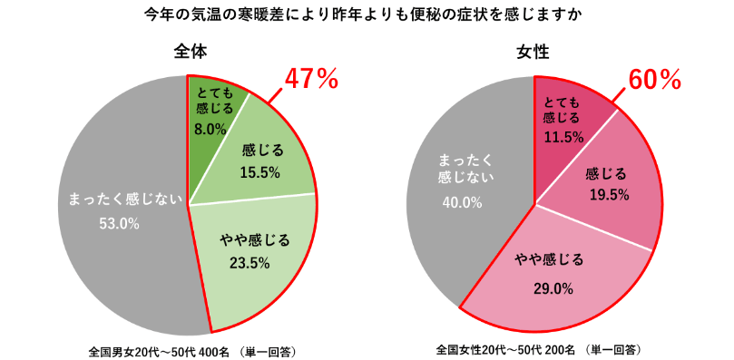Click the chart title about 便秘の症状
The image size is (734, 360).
point(367,15)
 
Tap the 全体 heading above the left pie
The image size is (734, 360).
point(190,53)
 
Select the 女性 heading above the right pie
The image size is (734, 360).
point(535,53)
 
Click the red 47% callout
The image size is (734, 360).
point(311,80)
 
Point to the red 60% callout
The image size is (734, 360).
point(654,80)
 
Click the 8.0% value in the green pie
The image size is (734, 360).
point(210,129)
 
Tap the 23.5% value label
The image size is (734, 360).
point(254,264)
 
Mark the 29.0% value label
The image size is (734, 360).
point(553,288)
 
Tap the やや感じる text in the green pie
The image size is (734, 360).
point(255,240)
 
